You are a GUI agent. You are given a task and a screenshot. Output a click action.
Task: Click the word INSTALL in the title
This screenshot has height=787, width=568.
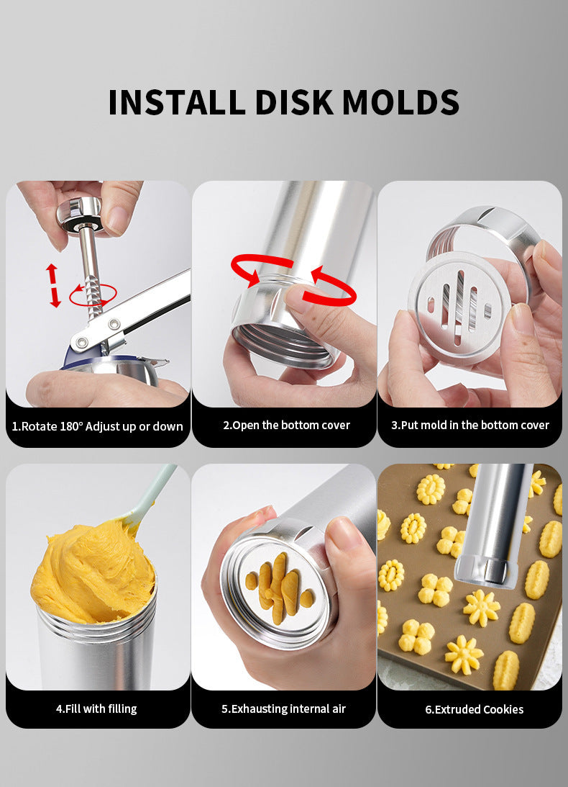(176, 102)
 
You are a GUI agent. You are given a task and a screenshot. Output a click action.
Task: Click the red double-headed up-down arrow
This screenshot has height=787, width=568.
(54, 286)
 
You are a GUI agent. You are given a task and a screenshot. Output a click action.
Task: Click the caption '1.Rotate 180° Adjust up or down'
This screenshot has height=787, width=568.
(97, 426)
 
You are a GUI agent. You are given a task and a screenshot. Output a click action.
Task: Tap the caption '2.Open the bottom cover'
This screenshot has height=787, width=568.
(286, 425)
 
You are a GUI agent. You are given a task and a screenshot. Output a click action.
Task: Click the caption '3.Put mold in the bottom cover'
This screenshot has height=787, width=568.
(470, 425)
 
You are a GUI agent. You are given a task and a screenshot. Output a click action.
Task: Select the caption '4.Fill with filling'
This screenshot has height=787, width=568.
(96, 709)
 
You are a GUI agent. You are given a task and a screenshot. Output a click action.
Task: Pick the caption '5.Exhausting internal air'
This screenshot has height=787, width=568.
(284, 709)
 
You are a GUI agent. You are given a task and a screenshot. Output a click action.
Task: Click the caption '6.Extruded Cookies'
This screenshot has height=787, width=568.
(475, 709)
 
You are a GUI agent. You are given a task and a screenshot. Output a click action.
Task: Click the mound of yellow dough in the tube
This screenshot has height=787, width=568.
(93, 572)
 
